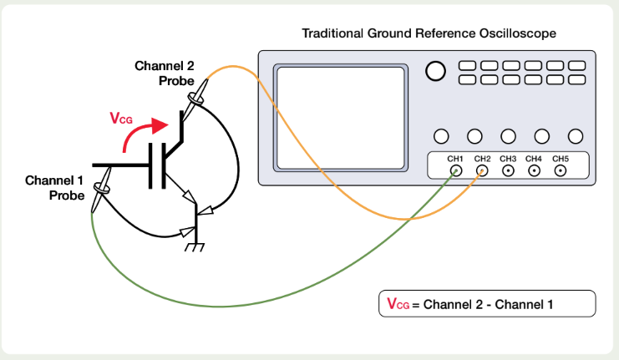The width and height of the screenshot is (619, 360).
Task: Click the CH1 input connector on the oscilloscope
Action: click(x=456, y=171)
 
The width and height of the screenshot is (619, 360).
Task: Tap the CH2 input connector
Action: click(x=482, y=171)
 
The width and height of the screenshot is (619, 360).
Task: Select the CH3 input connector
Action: click(x=508, y=171)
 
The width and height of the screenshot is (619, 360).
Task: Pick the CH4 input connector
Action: click(x=534, y=171)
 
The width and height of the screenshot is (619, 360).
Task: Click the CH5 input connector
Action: click(x=561, y=171)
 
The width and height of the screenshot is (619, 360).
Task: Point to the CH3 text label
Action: click(x=508, y=159)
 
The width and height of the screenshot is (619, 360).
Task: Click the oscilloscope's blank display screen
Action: click(x=341, y=118)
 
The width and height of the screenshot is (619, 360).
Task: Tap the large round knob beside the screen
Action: click(x=435, y=72)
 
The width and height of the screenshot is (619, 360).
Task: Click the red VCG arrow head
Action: click(x=160, y=125)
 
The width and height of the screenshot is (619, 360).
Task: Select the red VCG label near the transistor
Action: click(x=121, y=118)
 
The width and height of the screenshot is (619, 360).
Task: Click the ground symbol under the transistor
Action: click(x=195, y=246)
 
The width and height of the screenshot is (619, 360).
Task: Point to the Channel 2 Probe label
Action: click(x=165, y=73)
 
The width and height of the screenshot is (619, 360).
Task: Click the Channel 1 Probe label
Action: click(x=54, y=188)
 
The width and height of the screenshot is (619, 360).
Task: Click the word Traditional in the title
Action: click(x=332, y=33)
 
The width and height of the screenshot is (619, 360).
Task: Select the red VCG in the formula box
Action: click(x=398, y=304)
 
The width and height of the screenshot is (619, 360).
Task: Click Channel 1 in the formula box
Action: click(x=524, y=304)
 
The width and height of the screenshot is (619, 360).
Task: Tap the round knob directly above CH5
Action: click(x=576, y=136)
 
